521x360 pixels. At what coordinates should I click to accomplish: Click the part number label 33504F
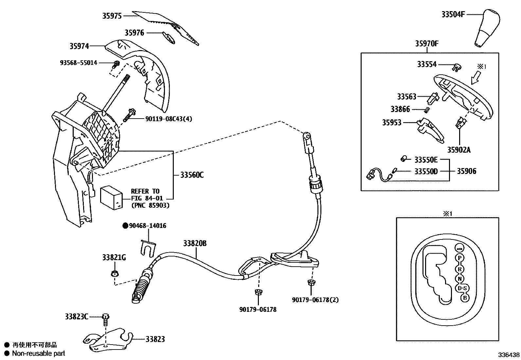point(453,14)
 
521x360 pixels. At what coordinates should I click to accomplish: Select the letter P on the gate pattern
point(460,258)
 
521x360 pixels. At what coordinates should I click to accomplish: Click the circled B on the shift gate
point(464,298)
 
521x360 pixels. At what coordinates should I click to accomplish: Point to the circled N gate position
point(460,279)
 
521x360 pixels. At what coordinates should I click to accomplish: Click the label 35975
point(112,16)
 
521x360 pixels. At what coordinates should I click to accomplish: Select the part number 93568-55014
point(79,63)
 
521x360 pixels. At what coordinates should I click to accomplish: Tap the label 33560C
point(192,175)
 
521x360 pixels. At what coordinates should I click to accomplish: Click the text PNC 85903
point(150,205)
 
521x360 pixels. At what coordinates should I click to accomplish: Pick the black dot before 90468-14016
point(125,225)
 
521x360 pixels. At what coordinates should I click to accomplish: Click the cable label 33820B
point(195,243)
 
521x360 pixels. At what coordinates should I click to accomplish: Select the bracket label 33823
point(155,339)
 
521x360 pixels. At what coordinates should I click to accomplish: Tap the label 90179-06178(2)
point(315,300)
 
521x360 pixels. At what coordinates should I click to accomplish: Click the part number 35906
point(467,171)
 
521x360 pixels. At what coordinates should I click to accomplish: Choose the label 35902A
point(459,150)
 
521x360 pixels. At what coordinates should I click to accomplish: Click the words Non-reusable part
point(39,353)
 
